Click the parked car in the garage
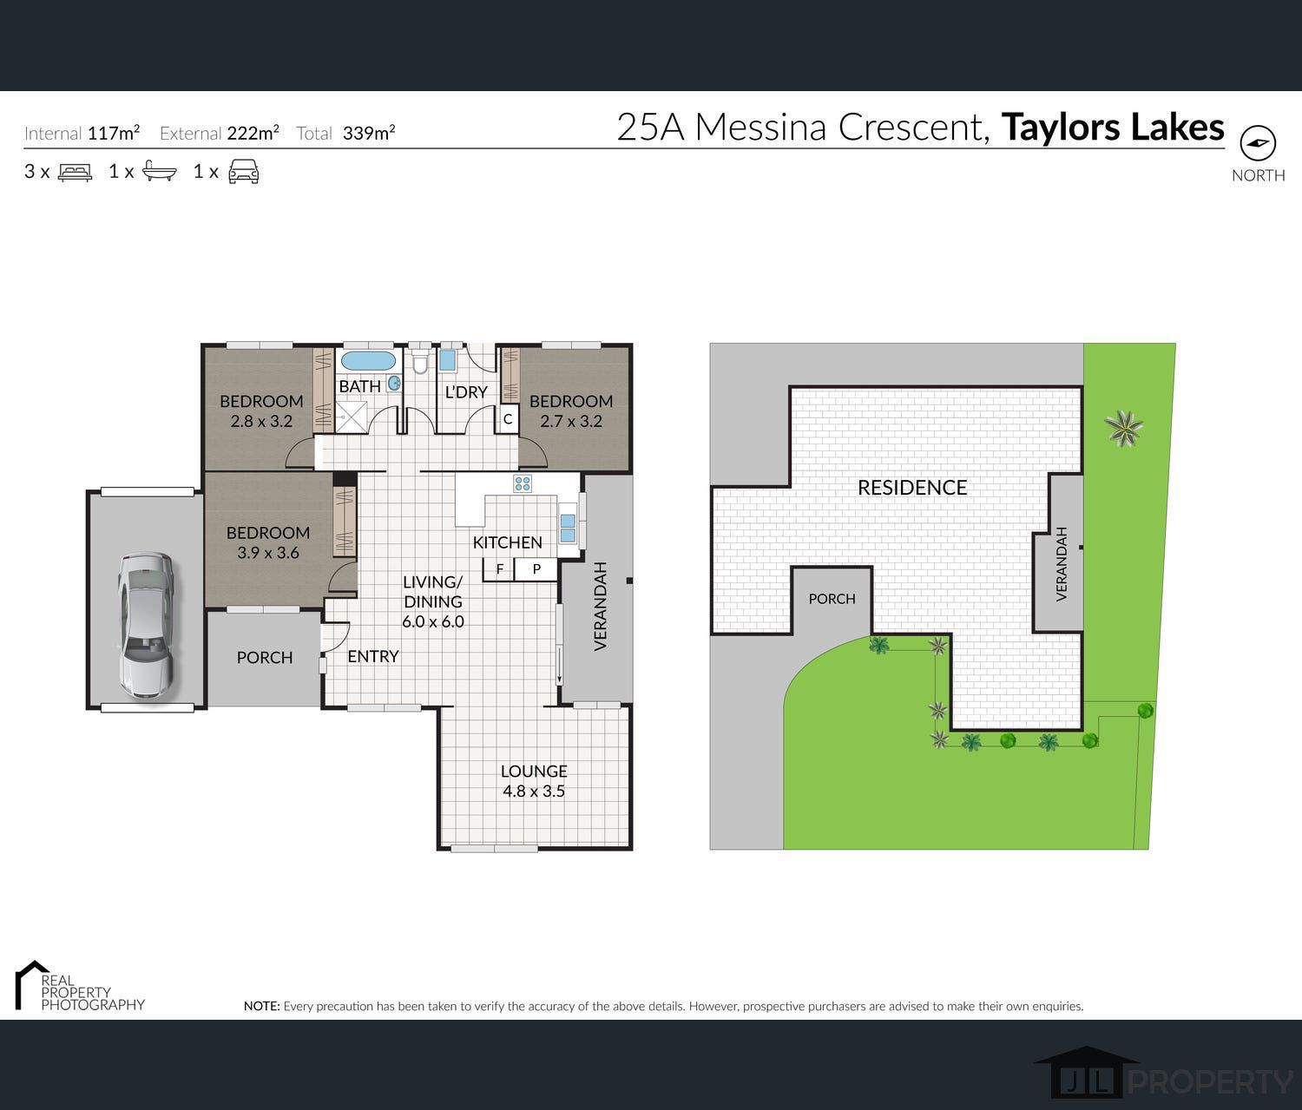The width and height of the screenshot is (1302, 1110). [146, 625]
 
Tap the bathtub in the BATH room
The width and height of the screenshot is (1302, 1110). [369, 362]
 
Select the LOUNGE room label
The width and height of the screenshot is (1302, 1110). [534, 771]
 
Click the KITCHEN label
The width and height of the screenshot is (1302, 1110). [507, 542]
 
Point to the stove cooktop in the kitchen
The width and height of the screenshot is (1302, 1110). [523, 483]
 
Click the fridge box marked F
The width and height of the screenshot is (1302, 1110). [499, 569]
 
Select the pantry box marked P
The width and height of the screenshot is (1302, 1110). [536, 569]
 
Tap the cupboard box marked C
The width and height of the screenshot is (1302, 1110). [508, 419]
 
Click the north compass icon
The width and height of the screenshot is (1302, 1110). [1258, 143]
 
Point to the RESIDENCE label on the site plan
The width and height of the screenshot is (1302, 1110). [912, 487]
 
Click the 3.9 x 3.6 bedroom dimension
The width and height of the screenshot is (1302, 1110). [267, 553]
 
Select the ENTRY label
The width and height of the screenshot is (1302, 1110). [373, 656]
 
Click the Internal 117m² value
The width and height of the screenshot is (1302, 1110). [114, 133]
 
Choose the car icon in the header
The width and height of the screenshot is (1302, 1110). [244, 171]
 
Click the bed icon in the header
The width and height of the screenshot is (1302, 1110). [75, 172]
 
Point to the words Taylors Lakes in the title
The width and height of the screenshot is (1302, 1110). [1113, 128]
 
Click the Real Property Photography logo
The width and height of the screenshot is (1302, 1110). [80, 986]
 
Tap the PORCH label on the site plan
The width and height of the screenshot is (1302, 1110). [832, 599]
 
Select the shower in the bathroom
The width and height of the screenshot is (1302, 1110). [351, 417]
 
